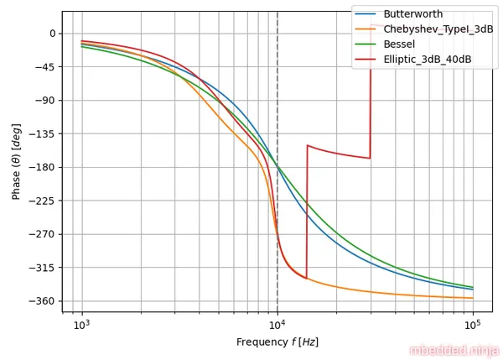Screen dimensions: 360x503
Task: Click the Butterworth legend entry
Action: pyautogui.click(x=412, y=14)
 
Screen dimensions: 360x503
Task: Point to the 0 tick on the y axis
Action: pyautogui.click(x=52, y=34)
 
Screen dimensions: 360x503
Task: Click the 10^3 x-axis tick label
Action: pyautogui.click(x=82, y=325)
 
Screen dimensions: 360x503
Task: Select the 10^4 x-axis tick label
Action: pyautogui.click(x=277, y=325)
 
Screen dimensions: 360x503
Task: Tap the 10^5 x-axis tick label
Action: pyautogui.click(x=473, y=325)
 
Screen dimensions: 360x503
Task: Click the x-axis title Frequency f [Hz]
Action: pyautogui.click(x=277, y=342)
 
